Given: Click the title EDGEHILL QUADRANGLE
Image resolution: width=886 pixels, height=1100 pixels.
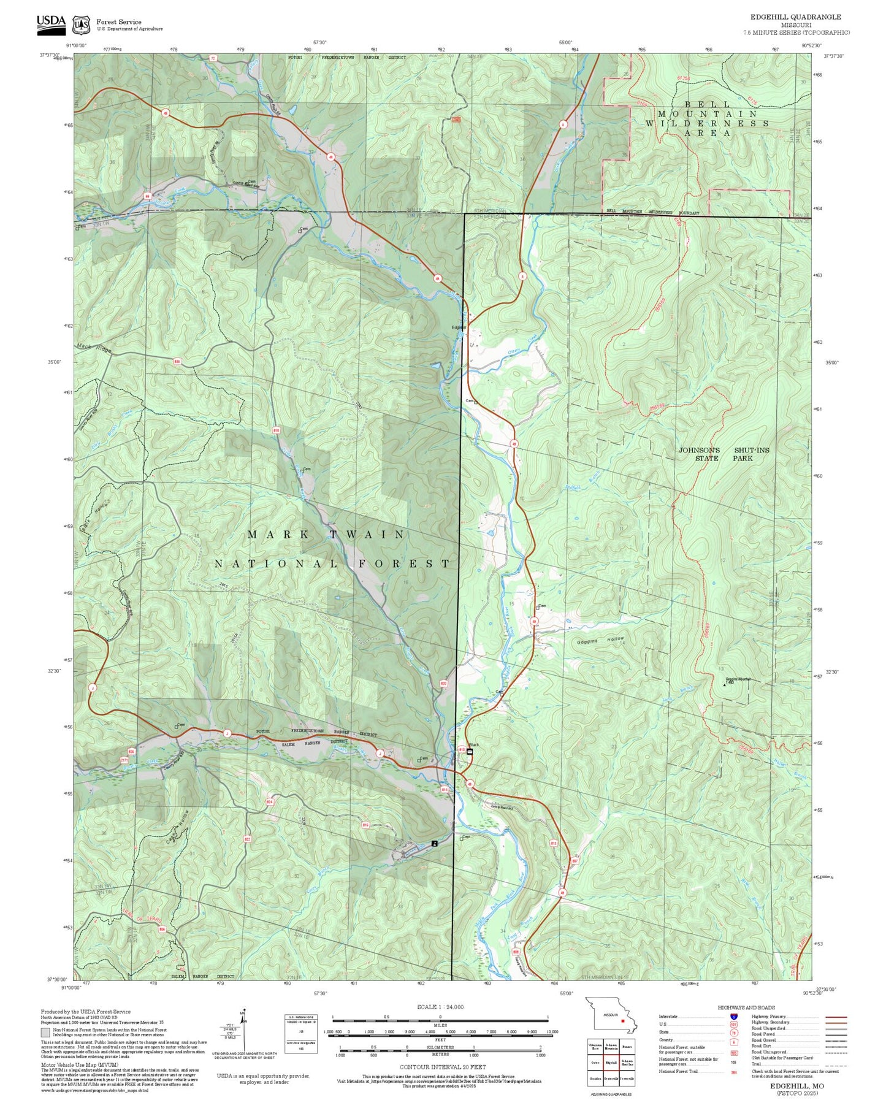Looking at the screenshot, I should pyautogui.click(x=795, y=17).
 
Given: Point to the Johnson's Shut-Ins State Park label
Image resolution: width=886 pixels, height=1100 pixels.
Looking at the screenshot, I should pyautogui.click(x=724, y=454).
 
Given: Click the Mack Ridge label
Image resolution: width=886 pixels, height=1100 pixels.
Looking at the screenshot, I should pyautogui.click(x=94, y=348).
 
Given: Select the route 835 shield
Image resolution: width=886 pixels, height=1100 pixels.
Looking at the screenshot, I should pyautogui.click(x=177, y=362).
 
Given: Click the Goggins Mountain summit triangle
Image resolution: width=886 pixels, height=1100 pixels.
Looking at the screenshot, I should pyautogui.click(x=724, y=684).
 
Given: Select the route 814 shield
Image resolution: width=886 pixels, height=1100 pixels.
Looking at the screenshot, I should pyautogui.click(x=445, y=790).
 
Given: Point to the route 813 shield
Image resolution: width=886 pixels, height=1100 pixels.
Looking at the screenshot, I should pyautogui.click(x=554, y=843).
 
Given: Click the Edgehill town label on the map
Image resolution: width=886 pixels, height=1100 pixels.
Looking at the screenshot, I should pyautogui.click(x=459, y=327).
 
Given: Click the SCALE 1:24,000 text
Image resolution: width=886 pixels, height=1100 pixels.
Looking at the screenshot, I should pyautogui.click(x=440, y=1007).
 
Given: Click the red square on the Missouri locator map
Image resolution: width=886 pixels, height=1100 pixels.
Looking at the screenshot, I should pyautogui.click(x=623, y=1022).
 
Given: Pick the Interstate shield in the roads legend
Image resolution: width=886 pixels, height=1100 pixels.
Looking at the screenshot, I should pyautogui.click(x=733, y=1017).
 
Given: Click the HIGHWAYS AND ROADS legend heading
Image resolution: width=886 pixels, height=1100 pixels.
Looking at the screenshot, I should pyautogui.click(x=746, y=1007).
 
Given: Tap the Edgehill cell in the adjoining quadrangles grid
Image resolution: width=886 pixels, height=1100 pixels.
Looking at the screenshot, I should pyautogui.click(x=610, y=1063).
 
